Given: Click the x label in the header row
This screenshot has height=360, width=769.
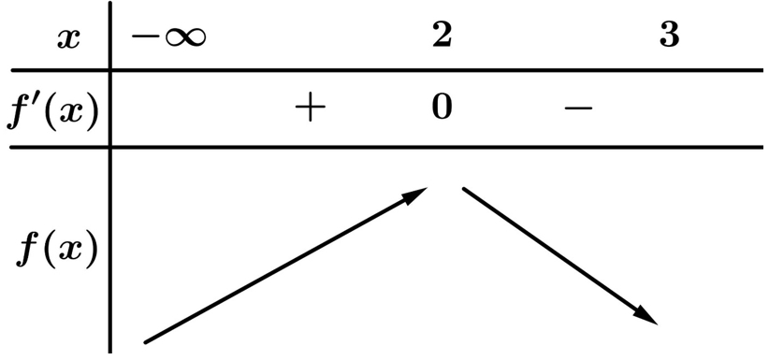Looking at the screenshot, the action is click(68, 38).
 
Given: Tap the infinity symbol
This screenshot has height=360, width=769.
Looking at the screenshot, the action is click(185, 37).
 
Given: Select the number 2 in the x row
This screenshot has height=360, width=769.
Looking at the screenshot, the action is click(442, 35).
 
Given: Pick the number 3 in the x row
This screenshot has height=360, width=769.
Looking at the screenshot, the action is click(670, 35).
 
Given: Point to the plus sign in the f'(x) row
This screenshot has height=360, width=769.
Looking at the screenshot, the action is click(310, 107).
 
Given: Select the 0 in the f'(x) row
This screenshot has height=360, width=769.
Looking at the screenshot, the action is click(442, 107).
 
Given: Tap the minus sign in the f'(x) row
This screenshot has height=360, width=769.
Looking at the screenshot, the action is click(579, 108).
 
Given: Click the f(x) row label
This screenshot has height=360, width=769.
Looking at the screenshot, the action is click(57, 252).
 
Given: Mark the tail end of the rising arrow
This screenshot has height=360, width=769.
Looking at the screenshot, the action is click(145, 342).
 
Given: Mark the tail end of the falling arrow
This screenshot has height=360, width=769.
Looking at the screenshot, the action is click(464, 189).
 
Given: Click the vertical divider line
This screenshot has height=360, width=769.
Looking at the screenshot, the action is click(109, 177).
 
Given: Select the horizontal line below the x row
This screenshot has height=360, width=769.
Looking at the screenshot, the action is click(387, 71).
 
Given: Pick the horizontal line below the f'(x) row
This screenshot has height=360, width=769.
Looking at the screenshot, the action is click(387, 147).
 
